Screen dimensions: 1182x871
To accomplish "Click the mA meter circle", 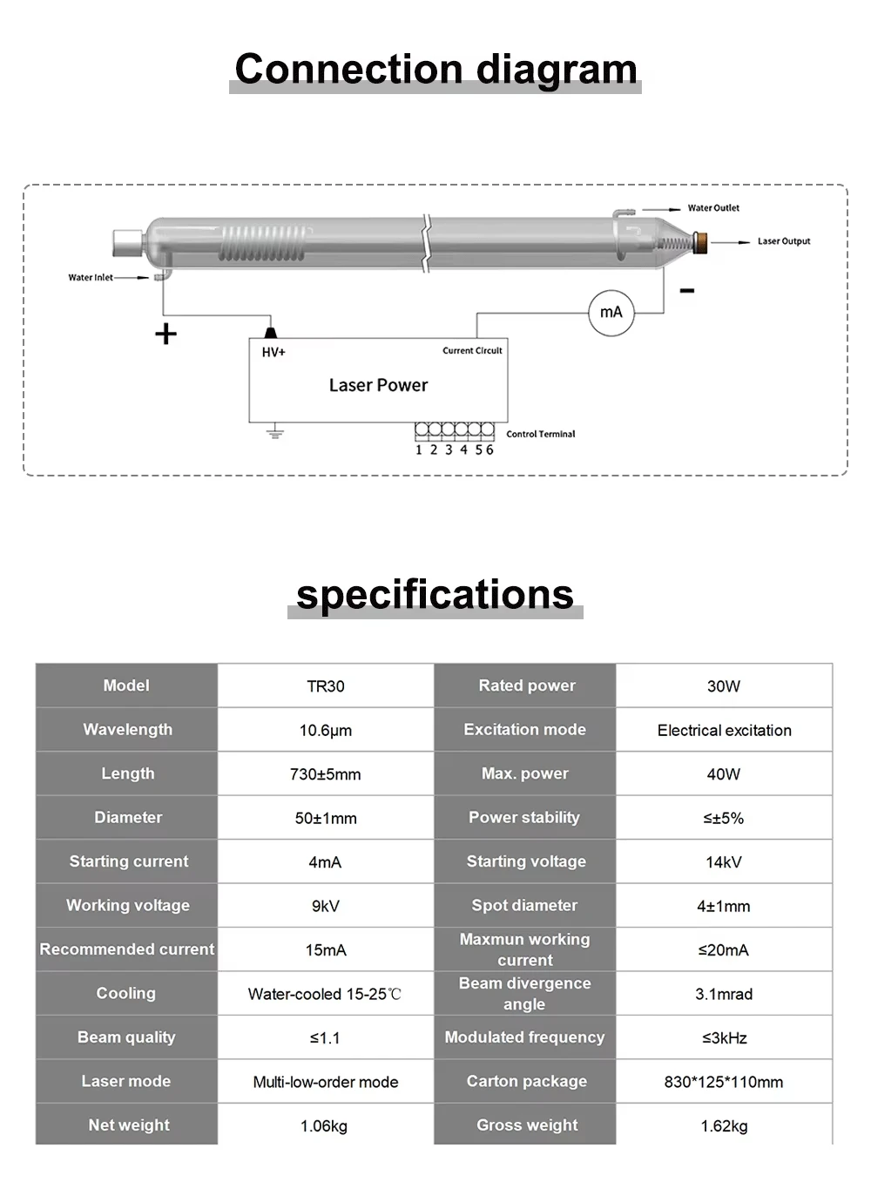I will point(611,313).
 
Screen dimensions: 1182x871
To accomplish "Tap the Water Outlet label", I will point(713,208).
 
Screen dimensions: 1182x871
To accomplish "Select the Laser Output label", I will point(783,241).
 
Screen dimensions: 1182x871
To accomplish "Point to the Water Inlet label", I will point(91,278).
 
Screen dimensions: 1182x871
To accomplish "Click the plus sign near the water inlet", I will point(165,334).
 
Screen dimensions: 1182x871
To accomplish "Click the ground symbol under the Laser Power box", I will point(275,431).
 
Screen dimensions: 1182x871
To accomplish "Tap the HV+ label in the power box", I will point(273,352).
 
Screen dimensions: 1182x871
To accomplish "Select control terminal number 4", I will point(463,449).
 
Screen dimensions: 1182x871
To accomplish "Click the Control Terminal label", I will point(540,434).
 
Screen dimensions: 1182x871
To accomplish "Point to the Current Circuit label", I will point(472,351).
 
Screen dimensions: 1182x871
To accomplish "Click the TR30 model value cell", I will point(326,686).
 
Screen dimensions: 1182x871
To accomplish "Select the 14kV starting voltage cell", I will point(724,862).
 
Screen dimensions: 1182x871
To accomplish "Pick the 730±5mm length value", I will point(326,774).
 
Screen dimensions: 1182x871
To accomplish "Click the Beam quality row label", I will point(126,1037).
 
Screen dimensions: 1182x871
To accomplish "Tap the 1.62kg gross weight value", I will point(724,1126).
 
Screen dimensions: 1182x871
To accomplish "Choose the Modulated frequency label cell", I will point(524,1037).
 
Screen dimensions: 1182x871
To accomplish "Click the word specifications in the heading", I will point(435,595).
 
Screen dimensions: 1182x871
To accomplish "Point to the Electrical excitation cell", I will point(724,731).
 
